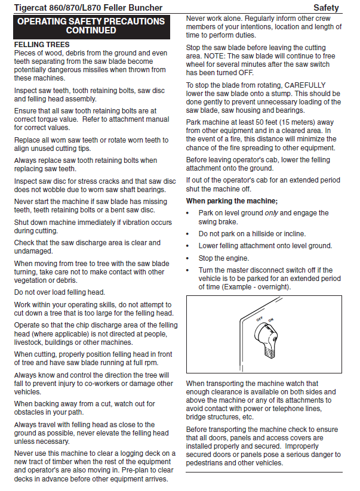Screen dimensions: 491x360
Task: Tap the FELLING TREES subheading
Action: (x=42, y=45)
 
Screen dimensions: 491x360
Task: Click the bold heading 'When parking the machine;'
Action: (x=232, y=200)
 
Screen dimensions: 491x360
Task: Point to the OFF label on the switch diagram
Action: (x=260, y=320)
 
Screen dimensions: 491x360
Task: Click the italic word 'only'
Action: (x=271, y=213)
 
